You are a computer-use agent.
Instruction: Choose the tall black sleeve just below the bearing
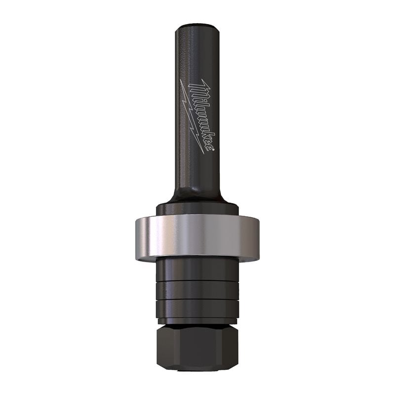[197, 269]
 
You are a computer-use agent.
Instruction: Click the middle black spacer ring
[197, 290]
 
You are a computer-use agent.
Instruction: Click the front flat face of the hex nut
[197, 346]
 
